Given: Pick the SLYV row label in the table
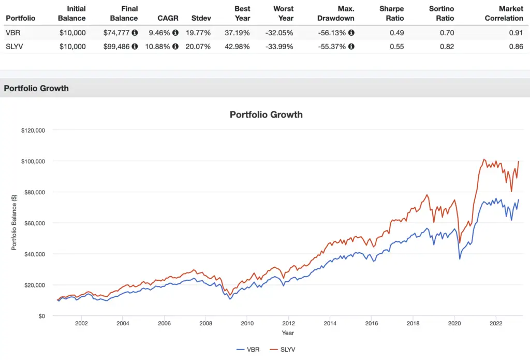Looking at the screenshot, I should pyautogui.click(x=16, y=47).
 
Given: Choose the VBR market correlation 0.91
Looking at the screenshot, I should pyautogui.click(x=516, y=33).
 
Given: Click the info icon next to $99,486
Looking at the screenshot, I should pyautogui.click(x=135, y=47).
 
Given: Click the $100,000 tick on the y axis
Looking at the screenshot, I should pyautogui.click(x=33, y=161).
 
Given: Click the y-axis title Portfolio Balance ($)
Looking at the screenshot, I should pyautogui.click(x=14, y=223).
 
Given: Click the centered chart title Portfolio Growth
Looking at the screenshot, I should pyautogui.click(x=266, y=114).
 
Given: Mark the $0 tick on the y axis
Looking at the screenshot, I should pyautogui.click(x=40, y=316).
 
